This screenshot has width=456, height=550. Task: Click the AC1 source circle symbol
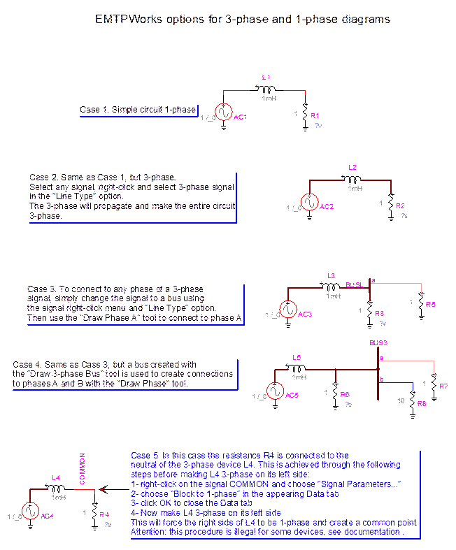click(x=224, y=113)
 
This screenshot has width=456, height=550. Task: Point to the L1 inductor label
click(x=266, y=76)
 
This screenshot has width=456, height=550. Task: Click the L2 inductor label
click(x=352, y=168)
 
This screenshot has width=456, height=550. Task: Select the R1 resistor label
click(x=315, y=115)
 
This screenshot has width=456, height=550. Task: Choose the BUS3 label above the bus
click(x=378, y=342)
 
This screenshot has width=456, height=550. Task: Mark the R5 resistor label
click(x=430, y=305)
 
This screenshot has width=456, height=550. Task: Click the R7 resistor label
click(x=443, y=386)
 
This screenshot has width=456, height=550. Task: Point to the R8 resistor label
click(x=421, y=404)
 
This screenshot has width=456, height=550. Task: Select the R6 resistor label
click(x=345, y=395)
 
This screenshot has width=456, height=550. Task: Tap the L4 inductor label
click(x=56, y=479)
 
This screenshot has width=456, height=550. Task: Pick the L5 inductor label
click(x=297, y=358)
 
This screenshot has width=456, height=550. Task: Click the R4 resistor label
click(x=104, y=515)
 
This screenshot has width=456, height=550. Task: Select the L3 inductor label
click(x=332, y=276)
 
